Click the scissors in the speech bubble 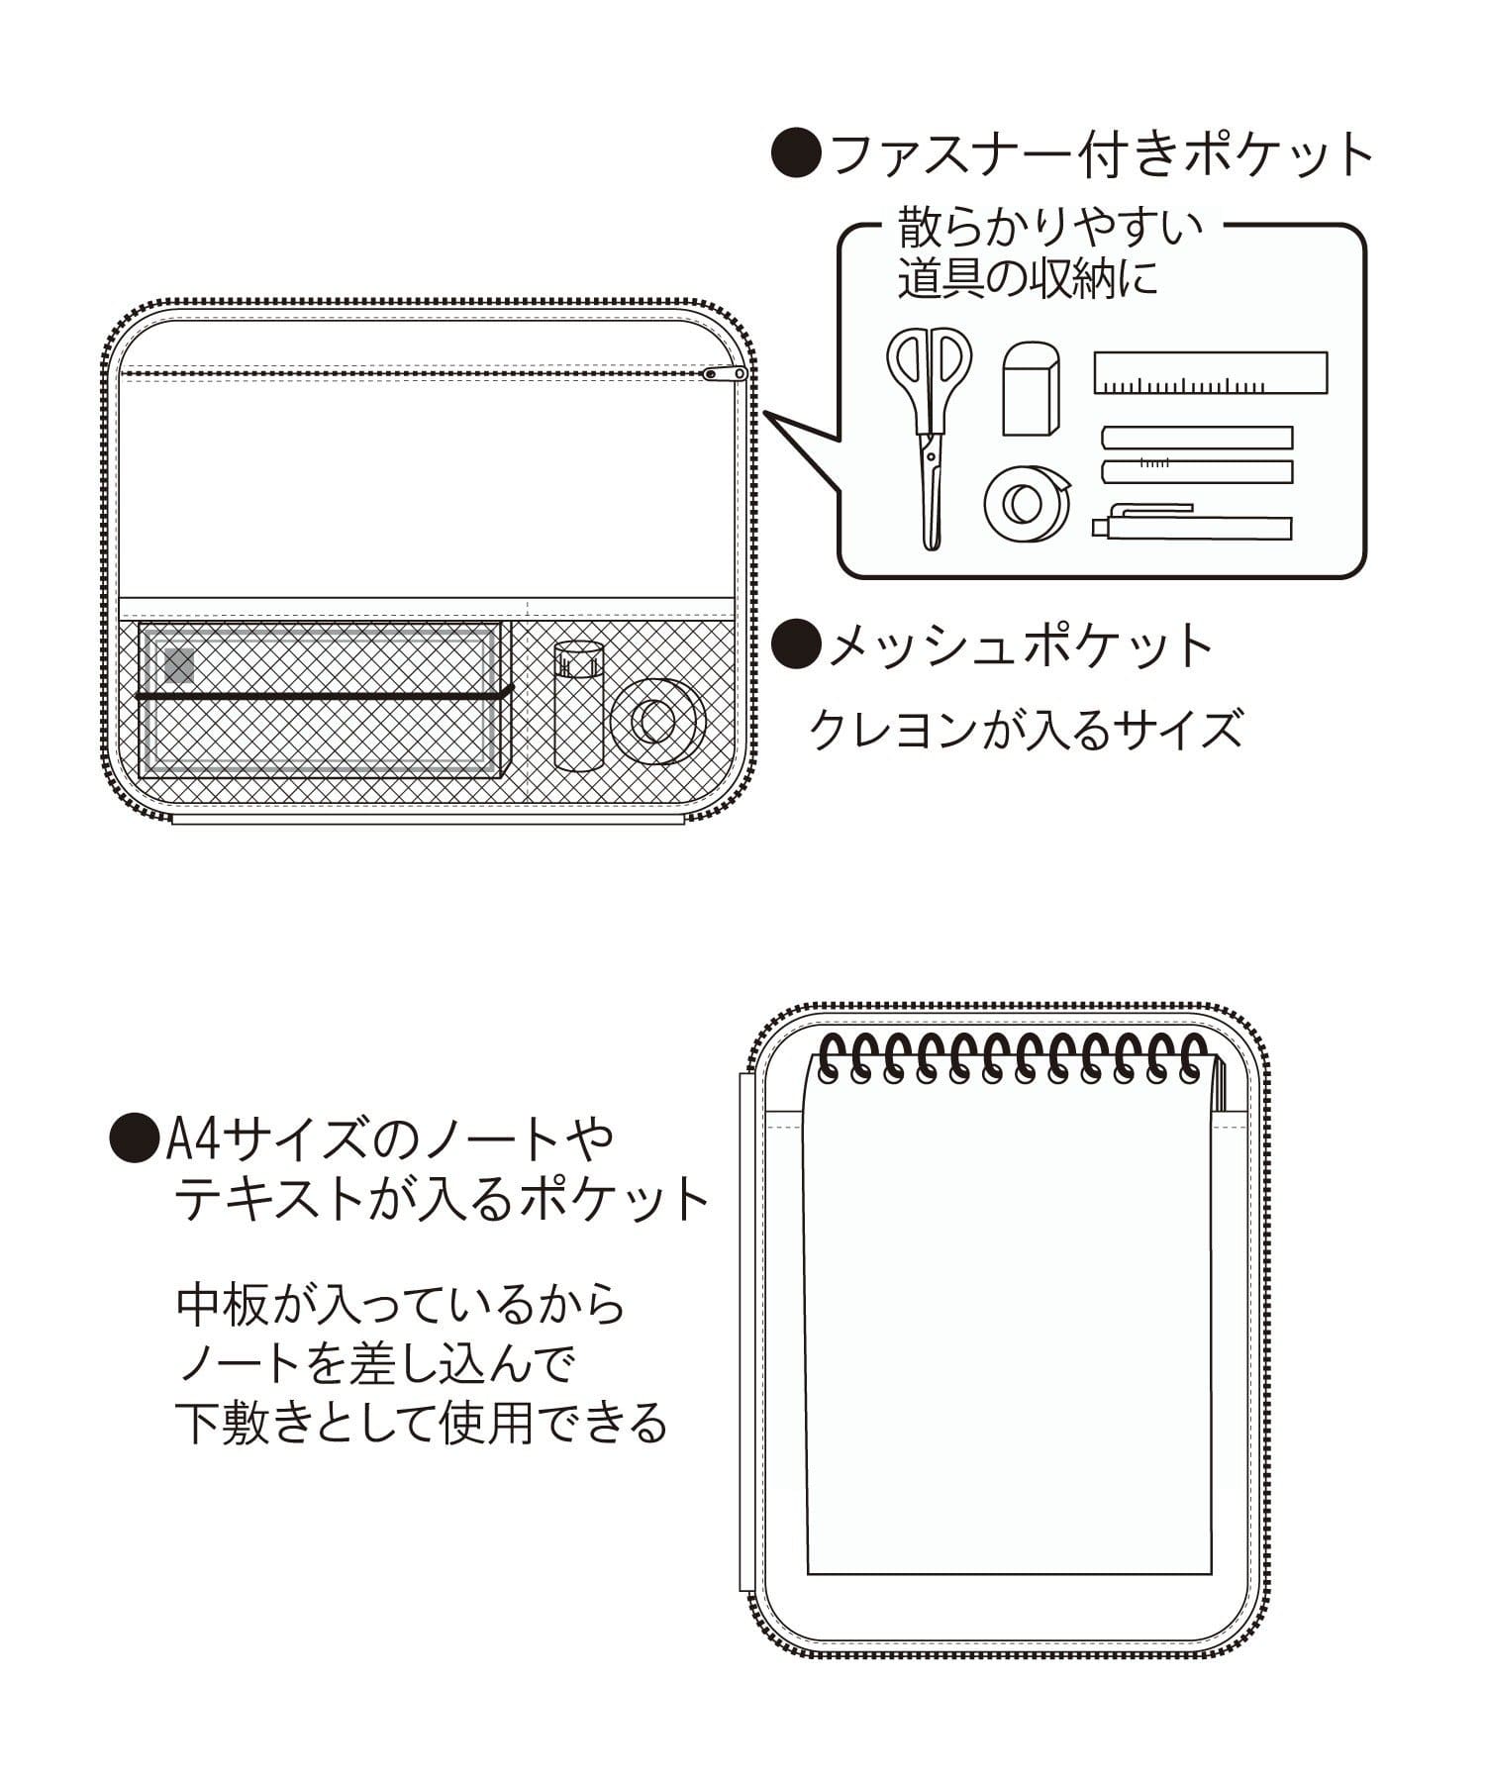click(928, 436)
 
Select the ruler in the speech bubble click(1210, 373)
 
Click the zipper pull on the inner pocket click(725, 373)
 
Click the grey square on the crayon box click(180, 665)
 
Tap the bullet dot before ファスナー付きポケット click(796, 154)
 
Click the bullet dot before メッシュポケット click(796, 645)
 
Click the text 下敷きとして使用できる click(422, 1424)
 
